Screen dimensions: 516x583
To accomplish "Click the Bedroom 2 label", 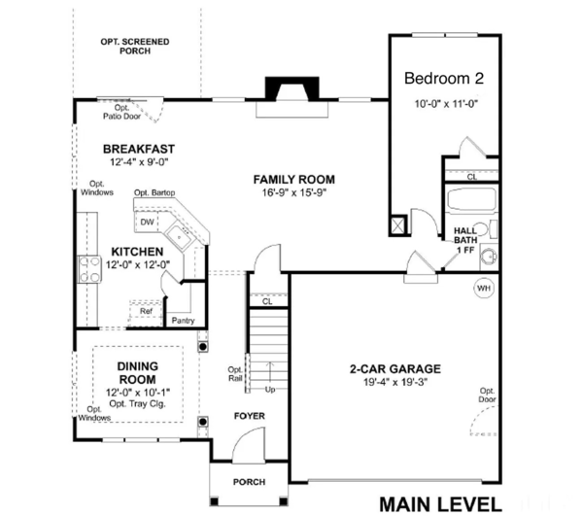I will point(443,78).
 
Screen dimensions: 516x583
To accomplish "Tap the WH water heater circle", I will point(483,288).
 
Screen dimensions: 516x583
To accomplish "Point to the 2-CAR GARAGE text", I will point(395,369).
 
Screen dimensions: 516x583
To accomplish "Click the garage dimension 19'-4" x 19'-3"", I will point(395,383).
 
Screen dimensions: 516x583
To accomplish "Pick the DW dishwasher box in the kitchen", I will point(147,223).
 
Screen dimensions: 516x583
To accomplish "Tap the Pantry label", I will point(183,320).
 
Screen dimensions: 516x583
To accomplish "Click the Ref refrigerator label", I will point(146,311).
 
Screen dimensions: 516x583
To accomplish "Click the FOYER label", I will point(249,416).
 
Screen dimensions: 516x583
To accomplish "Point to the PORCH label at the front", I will point(249,482).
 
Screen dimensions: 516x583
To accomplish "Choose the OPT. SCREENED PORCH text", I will point(136,47).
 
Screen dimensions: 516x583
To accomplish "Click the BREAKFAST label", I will point(139,149).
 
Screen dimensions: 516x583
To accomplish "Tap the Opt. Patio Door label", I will point(122,112).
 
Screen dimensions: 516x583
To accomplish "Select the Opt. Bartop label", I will point(154,192).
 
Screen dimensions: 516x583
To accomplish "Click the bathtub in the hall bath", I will point(471,205).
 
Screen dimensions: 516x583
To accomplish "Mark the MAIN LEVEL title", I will point(440,503).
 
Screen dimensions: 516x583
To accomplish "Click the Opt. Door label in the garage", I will point(487,396).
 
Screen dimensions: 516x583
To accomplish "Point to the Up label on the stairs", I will point(270,390).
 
